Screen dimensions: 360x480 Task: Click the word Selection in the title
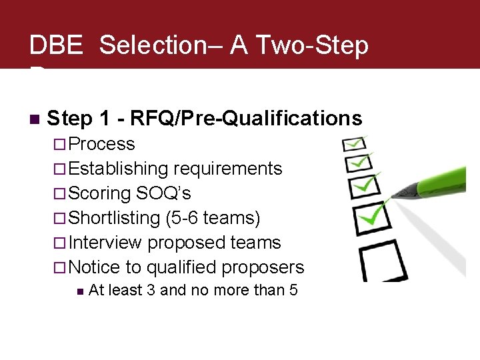click(153, 45)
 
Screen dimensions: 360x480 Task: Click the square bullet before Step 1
click(35, 119)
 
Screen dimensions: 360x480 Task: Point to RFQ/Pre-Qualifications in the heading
click(246, 119)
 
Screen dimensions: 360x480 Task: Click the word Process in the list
click(101, 144)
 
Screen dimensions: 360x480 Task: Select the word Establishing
click(119, 169)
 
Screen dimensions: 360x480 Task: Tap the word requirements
click(228, 169)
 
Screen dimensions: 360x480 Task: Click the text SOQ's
click(163, 193)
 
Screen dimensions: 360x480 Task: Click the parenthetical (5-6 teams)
click(213, 218)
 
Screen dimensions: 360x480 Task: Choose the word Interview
click(105, 243)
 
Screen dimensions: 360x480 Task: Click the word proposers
click(265, 267)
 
